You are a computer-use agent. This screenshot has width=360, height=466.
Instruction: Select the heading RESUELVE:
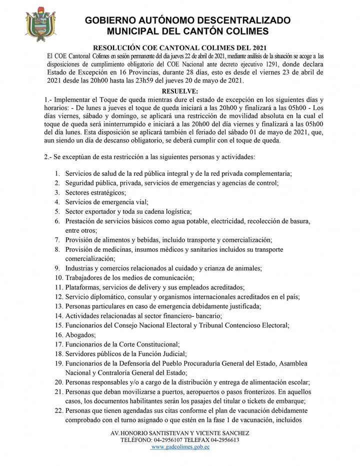(x=180, y=91)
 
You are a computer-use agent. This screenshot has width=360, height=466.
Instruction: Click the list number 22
(x=58, y=410)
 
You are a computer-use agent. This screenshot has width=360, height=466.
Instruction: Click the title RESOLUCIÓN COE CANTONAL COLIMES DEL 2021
(x=180, y=46)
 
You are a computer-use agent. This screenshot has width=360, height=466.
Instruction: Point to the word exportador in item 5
(x=102, y=211)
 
